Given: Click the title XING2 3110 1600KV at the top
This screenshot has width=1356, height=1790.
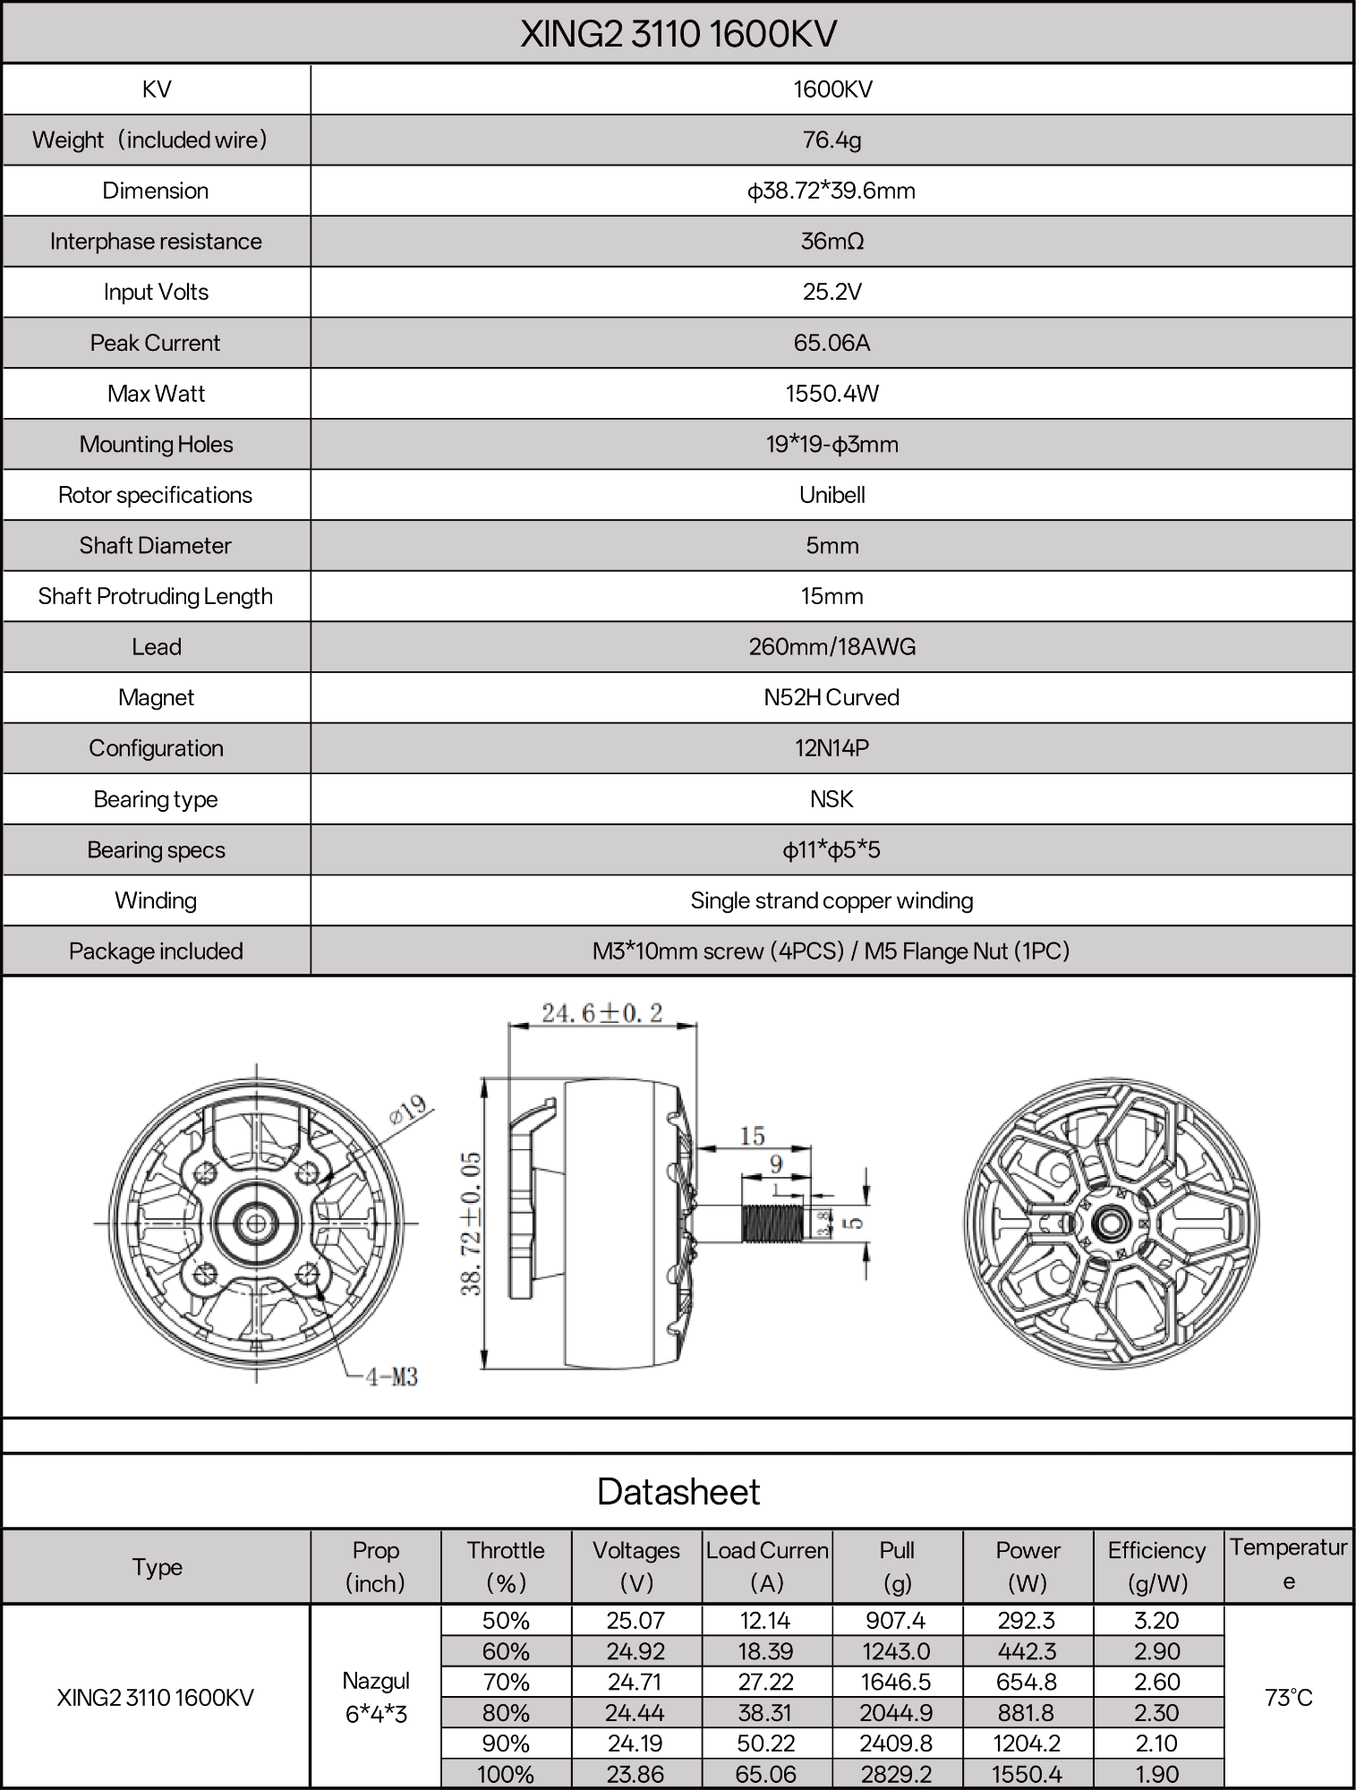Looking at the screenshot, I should pyautogui.click(x=678, y=34).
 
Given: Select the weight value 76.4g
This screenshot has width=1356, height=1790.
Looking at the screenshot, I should pyautogui.click(x=832, y=140).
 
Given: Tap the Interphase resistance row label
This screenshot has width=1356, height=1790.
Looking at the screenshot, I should pyautogui.click(x=156, y=242).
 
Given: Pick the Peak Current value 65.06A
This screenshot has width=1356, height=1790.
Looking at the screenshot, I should pyautogui.click(x=832, y=343).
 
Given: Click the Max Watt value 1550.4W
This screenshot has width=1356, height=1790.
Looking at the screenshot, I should pyautogui.click(x=832, y=394).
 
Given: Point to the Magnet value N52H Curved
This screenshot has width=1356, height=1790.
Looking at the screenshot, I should pyautogui.click(x=832, y=698).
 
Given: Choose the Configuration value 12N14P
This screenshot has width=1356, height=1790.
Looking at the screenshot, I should pyautogui.click(x=832, y=748).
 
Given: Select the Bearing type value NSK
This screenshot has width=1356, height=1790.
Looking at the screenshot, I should pyautogui.click(x=832, y=799).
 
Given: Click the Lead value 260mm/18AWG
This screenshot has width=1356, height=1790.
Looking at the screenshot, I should pyautogui.click(x=832, y=647).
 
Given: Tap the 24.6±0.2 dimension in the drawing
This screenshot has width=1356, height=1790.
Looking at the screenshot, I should pyautogui.click(x=601, y=1013).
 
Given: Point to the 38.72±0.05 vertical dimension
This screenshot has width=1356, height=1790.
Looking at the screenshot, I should pyautogui.click(x=472, y=1223).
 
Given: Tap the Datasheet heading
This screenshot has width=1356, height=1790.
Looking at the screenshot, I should pyautogui.click(x=678, y=1492).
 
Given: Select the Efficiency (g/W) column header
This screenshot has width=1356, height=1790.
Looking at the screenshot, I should pyautogui.click(x=1156, y=1566).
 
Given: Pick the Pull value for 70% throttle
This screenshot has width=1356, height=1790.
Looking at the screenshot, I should pyautogui.click(x=897, y=1682).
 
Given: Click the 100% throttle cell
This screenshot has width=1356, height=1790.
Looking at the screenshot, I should pyautogui.click(x=506, y=1774).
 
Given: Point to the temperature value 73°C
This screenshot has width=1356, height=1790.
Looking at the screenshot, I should pyautogui.click(x=1288, y=1697).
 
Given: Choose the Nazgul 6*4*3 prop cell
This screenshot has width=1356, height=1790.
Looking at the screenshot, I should pyautogui.click(x=376, y=1697).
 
